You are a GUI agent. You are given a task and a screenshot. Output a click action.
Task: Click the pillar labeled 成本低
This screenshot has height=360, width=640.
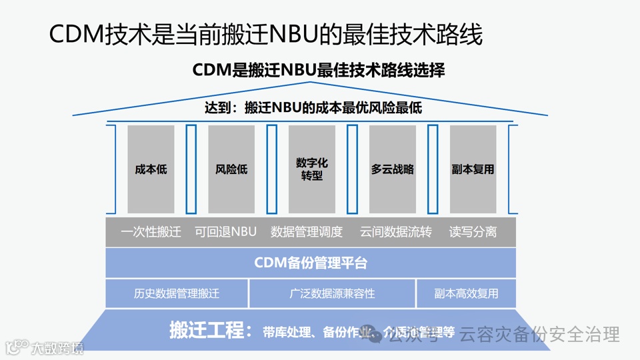coord(151,169)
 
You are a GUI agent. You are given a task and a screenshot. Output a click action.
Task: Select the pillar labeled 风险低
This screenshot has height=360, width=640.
coord(231,169)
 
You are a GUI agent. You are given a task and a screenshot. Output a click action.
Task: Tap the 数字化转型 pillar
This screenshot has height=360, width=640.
coord(312,169)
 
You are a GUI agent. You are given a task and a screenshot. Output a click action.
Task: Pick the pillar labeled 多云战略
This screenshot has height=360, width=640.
coord(393,169)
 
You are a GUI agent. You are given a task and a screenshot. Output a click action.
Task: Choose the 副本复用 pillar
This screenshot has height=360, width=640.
coord(473,169)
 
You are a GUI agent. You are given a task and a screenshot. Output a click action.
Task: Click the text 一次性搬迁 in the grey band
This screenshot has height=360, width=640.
coord(151,232)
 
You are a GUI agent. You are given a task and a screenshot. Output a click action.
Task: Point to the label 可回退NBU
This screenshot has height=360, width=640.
coord(225,232)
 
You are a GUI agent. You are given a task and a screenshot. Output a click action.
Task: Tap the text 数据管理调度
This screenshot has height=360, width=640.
coord(307,232)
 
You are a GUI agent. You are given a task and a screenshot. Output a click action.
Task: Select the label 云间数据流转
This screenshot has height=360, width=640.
coord(396,232)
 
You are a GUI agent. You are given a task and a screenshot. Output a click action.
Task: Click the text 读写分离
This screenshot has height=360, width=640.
coord(473,232)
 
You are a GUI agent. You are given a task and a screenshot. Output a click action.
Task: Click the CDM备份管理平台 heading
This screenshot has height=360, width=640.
coord(311,263)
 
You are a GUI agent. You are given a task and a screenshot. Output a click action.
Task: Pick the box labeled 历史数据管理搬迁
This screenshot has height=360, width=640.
coord(177,293)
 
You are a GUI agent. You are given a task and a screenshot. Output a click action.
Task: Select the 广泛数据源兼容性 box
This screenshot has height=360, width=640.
coord(332,293)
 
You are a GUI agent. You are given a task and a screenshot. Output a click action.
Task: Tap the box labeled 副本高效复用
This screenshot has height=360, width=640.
coord(466,293)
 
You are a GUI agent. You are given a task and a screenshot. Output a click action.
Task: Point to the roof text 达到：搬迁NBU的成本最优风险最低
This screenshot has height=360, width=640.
coord(313,108)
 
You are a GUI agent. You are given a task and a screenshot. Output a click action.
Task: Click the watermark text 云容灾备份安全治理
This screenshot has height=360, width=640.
coord(540,334)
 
